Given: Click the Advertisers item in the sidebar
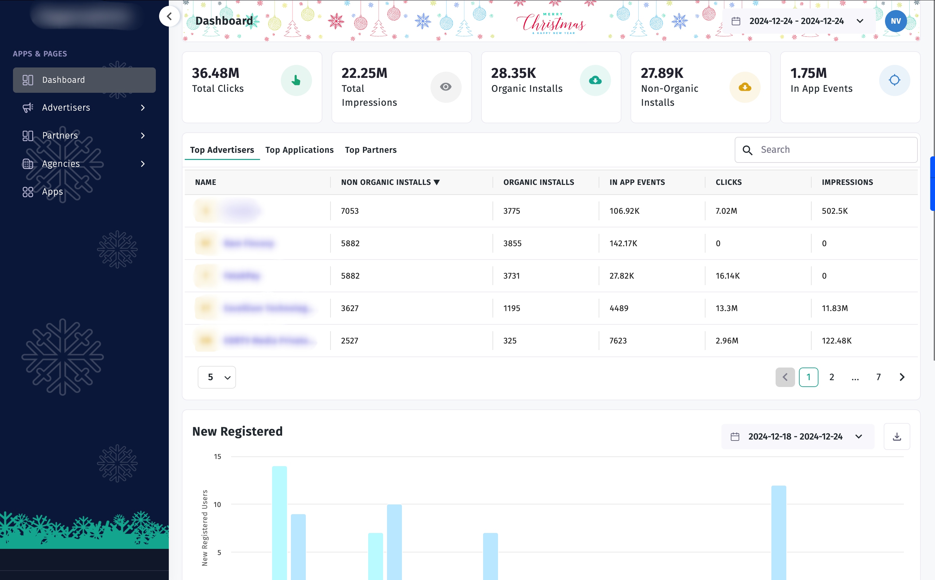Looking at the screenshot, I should coord(66,108).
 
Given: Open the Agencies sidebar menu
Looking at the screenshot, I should coord(61,164).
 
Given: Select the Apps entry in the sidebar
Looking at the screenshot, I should coord(52,192).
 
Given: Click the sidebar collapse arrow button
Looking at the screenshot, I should coord(169,17).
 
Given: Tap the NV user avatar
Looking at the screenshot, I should coord(895,21).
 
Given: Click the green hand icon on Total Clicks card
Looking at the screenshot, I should coord(296,80).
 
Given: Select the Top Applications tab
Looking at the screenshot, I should coord(299,150).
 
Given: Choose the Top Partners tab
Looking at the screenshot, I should coord(370,150).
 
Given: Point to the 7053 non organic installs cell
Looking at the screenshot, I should coord(350,211).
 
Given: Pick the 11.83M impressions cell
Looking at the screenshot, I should coord(834,308).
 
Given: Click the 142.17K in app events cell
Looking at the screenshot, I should coord(623,244).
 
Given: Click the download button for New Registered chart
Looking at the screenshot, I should coord(897,437).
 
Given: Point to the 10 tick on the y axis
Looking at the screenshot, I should coord(217,505).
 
